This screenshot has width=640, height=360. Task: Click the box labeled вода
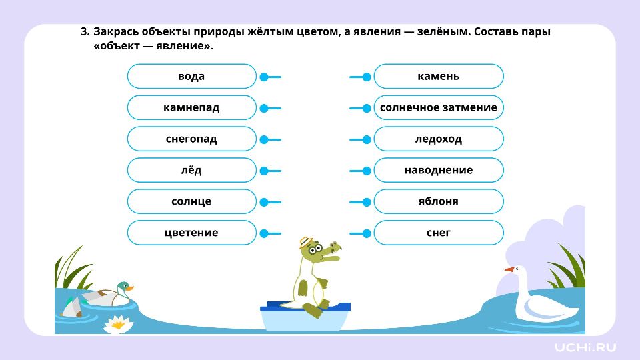tap(191, 76)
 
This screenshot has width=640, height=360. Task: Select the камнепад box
tap(191, 108)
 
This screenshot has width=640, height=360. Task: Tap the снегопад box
tap(191, 139)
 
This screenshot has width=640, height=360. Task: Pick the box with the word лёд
tap(191, 170)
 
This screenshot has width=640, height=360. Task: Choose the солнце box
tap(191, 201)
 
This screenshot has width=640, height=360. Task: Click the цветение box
tap(191, 233)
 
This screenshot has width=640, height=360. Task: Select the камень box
tap(439, 76)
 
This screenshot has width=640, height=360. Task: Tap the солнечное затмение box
tap(439, 108)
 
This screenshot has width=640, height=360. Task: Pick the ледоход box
tap(439, 139)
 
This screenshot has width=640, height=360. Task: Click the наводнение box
tap(439, 170)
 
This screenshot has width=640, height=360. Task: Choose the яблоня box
tap(439, 201)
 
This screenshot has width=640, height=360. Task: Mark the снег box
tap(439, 233)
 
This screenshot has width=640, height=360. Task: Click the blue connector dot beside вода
tap(264, 77)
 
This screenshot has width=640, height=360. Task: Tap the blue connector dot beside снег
tap(367, 233)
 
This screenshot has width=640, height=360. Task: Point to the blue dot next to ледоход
tap(367, 139)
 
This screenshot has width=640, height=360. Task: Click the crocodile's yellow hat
tap(305, 243)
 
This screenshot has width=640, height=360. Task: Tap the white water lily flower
tap(119, 325)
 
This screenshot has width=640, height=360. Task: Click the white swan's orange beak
tap(509, 269)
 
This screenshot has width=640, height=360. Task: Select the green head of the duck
tap(124, 287)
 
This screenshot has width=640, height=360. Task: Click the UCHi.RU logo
tap(585, 347)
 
